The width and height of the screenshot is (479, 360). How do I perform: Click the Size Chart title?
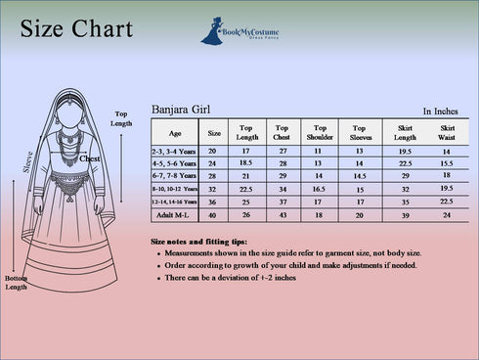[75, 29]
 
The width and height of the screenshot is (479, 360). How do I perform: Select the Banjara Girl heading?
[181, 111]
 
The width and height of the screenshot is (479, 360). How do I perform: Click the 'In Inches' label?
[441, 112]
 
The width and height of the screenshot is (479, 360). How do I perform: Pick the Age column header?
[175, 133]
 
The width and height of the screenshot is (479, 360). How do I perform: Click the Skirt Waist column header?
[447, 133]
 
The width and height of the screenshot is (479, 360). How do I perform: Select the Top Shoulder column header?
[318, 133]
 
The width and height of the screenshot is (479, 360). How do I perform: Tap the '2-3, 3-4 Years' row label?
[175, 152]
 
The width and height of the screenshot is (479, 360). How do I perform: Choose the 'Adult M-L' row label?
[175, 214]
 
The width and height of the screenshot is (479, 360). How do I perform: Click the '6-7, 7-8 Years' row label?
[175, 176]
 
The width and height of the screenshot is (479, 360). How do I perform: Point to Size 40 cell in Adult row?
[213, 214]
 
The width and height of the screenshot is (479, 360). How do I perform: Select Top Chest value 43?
[283, 214]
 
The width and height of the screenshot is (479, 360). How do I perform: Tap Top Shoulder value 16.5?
[318, 188]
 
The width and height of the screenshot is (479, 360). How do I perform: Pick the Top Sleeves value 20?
[359, 214]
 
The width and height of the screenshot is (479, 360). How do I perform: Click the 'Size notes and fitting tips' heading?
[198, 241]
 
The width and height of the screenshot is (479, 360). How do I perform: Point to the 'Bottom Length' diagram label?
[16, 283]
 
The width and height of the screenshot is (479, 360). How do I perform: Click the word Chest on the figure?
[90, 158]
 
